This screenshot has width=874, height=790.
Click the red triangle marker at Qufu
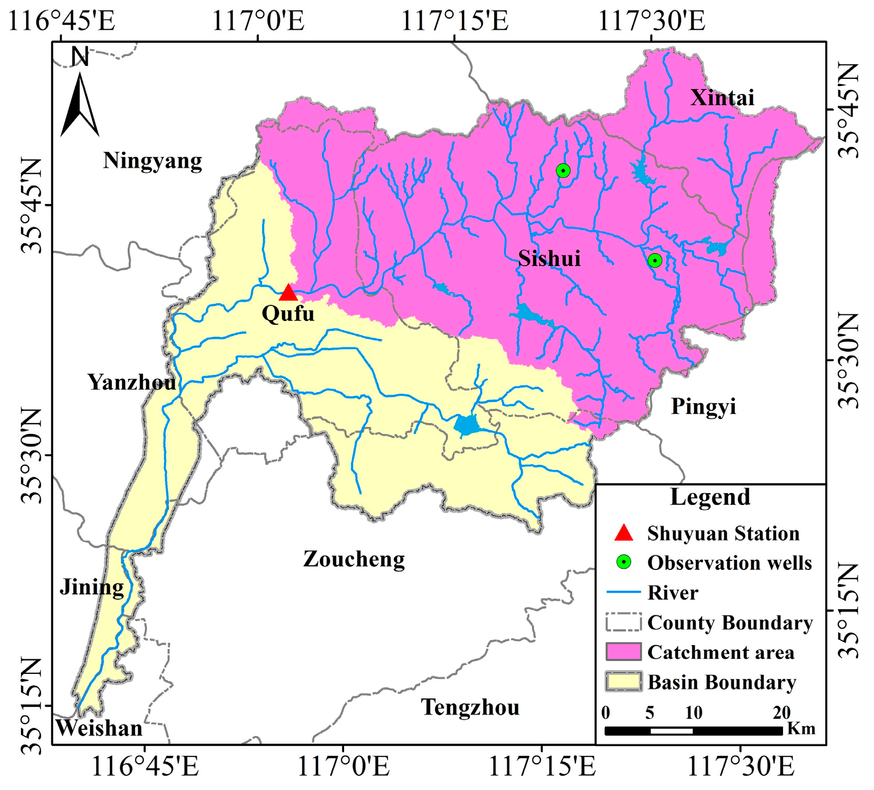pos(288,293)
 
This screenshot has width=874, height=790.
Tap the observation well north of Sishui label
pos(563,170)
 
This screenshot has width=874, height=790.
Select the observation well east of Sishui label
pos(655,260)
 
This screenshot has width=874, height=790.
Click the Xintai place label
pos(722,98)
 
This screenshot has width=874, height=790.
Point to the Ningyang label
pos(152,161)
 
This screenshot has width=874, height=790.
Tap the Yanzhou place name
pos(132,382)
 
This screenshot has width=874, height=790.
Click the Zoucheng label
pos(354,559)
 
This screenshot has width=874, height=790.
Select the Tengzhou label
pos(470,707)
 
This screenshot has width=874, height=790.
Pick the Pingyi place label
pos(703,406)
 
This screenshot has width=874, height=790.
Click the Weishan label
pos(99,728)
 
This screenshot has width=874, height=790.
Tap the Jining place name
pos(92,587)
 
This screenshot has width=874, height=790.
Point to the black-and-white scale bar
pos(693,731)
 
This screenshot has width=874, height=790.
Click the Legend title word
pos(710,497)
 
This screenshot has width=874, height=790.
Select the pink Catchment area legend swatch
pos(623,652)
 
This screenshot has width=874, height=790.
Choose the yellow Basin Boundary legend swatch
pos(623,682)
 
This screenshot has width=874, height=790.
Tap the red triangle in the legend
pos(623,533)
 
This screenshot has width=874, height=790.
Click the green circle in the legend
pos(623,562)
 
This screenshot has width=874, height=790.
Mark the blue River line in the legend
pos(623,592)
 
